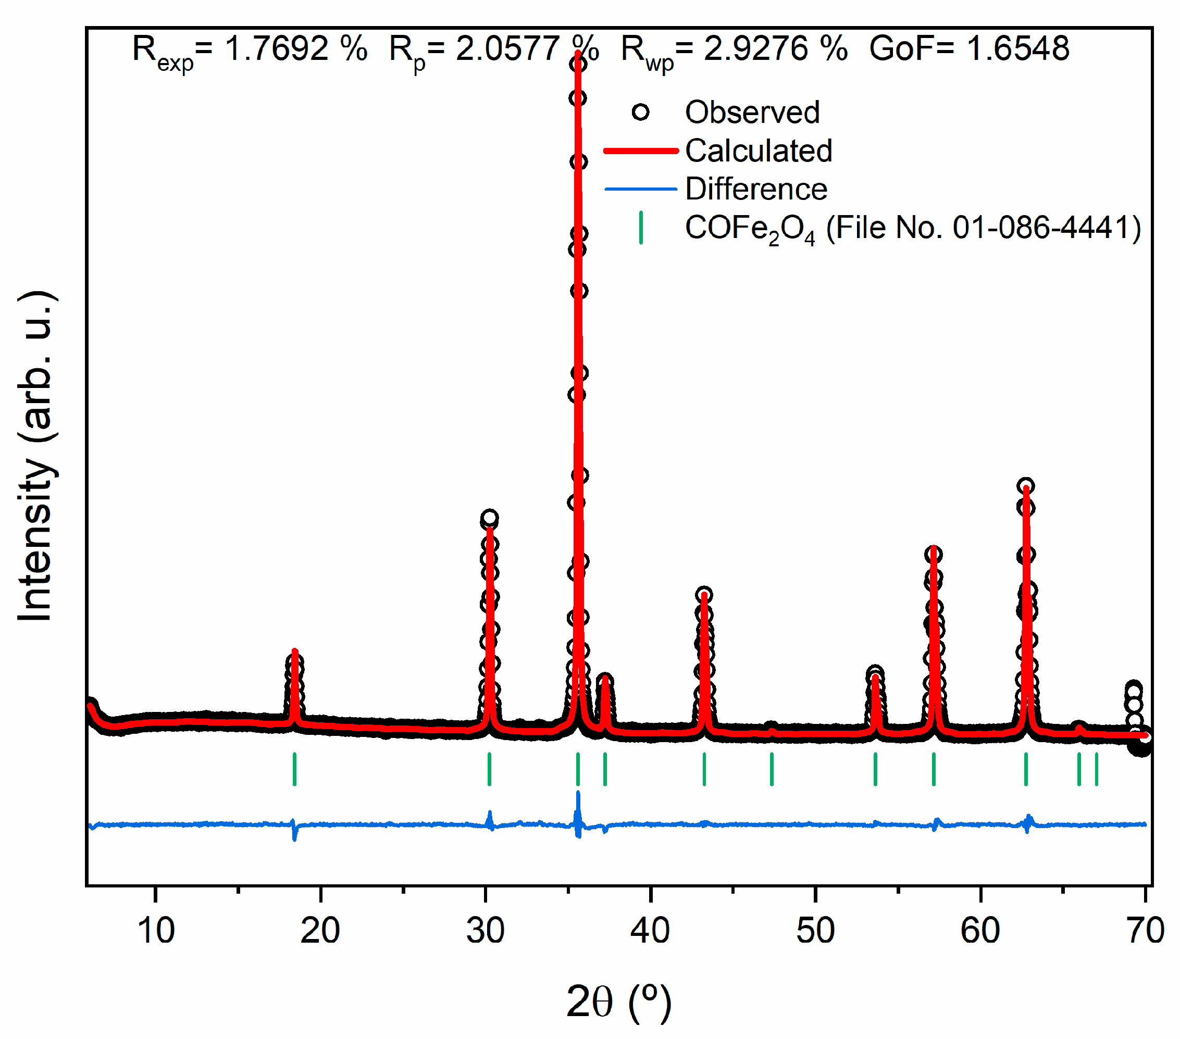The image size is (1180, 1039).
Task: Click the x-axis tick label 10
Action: pos(155,931)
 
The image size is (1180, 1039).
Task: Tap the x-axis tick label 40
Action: pos(650,931)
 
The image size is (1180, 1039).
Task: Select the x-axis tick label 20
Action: pos(320,931)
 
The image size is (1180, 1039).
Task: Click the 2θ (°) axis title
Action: pos(619,1002)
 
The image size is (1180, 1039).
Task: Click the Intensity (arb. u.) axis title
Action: pos(36,456)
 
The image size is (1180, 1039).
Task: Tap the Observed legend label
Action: pos(752,112)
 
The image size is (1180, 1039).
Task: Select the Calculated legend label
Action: pos(758,151)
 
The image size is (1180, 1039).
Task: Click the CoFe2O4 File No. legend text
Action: pos(912,229)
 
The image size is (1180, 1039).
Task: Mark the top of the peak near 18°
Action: pos(295,652)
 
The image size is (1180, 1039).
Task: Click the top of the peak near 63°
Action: pos(1026,486)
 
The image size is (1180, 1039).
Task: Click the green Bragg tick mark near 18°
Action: pos(294,769)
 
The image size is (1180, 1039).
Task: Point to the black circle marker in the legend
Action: pos(641,112)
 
